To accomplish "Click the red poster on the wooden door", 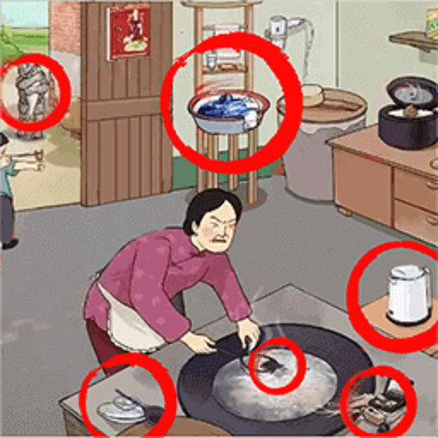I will coord(128,31).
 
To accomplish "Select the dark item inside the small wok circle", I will coord(272,364).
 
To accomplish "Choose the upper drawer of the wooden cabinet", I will coord(416,189).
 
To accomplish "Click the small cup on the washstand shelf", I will coord(210,61).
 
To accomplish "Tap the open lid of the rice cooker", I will coord(411,89).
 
